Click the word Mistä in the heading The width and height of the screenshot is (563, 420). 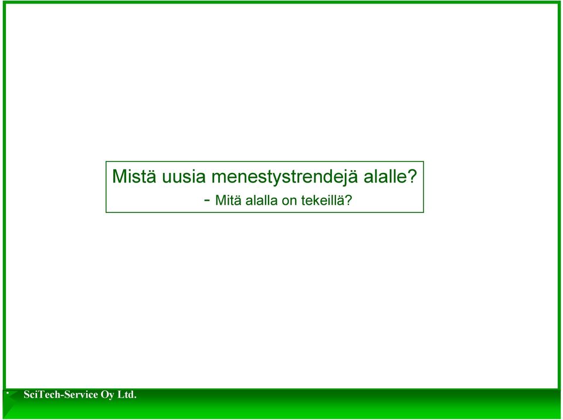click(x=134, y=176)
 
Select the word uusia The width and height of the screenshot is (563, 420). click(x=184, y=176)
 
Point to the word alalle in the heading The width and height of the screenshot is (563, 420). click(x=386, y=176)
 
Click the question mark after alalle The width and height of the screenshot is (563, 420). click(x=412, y=176)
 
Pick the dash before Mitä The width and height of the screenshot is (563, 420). click(x=207, y=200)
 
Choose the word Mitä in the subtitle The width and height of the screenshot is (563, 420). click(x=228, y=200)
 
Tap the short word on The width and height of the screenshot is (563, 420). click(x=289, y=202)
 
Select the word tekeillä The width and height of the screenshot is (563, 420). click(x=323, y=200)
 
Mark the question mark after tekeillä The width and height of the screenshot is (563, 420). click(x=348, y=200)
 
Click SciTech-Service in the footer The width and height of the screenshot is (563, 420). click(x=60, y=395)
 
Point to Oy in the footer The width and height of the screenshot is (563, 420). click(x=107, y=395)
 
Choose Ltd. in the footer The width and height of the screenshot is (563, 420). click(x=127, y=395)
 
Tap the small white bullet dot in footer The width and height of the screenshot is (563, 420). click(x=8, y=392)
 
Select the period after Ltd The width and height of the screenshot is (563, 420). click(x=135, y=398)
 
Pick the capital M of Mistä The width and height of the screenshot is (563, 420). click(x=119, y=176)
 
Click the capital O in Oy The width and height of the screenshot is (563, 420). click(x=104, y=395)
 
